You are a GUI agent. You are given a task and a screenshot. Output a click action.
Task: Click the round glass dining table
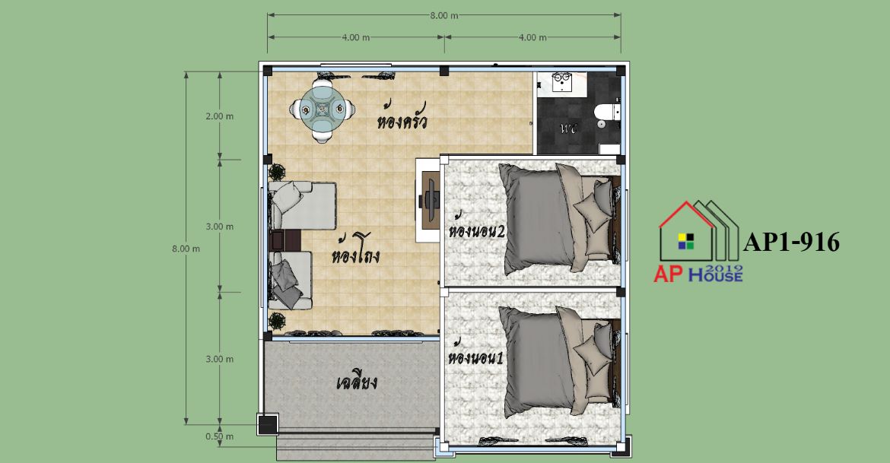[x=321, y=109]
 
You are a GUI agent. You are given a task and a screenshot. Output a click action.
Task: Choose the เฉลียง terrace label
[x=357, y=382]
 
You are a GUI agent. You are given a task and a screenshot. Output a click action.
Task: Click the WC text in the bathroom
[x=569, y=128]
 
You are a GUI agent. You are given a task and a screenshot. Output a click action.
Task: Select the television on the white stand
[x=429, y=200]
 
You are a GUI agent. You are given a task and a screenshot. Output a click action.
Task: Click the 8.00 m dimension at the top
[x=444, y=15]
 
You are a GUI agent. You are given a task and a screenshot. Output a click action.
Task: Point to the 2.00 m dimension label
[x=220, y=116]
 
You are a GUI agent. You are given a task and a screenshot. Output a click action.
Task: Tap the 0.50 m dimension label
[x=220, y=436]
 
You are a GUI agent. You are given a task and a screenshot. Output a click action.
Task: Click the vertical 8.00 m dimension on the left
[x=186, y=249]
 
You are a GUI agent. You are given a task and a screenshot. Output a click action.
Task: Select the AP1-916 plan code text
[x=791, y=242]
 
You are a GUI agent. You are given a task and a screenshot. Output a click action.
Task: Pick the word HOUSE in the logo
[x=716, y=276]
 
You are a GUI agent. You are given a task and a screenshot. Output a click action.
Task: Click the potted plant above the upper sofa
[x=277, y=171]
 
